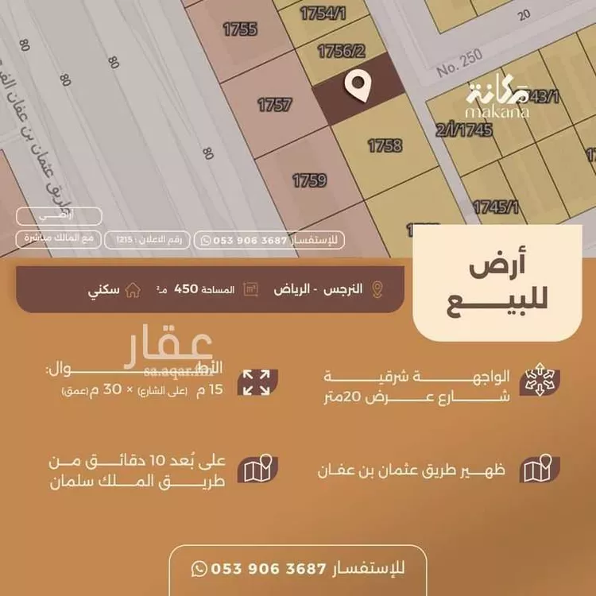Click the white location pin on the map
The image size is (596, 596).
tap(359, 85)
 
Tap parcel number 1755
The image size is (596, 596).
tap(239, 29)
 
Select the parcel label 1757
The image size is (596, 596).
tap(275, 104)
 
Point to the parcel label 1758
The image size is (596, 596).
tap(385, 145)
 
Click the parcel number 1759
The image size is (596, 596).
tap(309, 180)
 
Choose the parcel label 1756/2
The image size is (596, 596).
tap(341, 52)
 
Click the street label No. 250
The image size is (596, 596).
tap(460, 68)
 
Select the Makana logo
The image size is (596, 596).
tap(497, 100)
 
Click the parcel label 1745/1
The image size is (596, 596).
tap(496, 207)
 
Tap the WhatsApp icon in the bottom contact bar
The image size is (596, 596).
tap(199, 568)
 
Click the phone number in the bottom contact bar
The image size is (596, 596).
tap(268, 568)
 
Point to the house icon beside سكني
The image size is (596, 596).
tap(134, 290)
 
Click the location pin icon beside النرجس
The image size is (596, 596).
tap(377, 289)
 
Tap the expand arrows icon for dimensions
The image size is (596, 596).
tap(257, 382)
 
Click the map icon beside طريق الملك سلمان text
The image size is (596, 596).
tap(257, 470)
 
